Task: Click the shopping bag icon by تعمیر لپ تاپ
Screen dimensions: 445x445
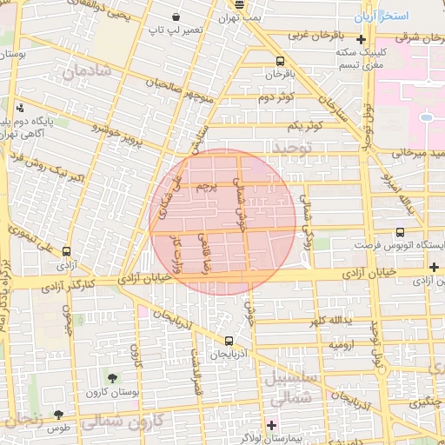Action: (176, 17)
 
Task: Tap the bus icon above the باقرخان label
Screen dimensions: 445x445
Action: (280, 61)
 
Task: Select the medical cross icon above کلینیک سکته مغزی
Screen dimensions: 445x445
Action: (360, 39)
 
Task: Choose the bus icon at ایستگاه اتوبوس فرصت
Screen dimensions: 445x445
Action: (400, 233)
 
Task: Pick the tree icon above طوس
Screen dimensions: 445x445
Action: (59, 415)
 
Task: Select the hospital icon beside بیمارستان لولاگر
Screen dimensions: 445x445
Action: (271, 425)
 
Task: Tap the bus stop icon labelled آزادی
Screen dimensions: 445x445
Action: (67, 251)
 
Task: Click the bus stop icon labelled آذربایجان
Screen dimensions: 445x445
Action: (229, 341)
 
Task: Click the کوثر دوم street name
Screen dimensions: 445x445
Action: (277, 96)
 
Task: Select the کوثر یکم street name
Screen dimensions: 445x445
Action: (308, 126)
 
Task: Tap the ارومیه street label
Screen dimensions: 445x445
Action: (340, 345)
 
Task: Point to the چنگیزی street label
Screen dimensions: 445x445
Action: (425, 403)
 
